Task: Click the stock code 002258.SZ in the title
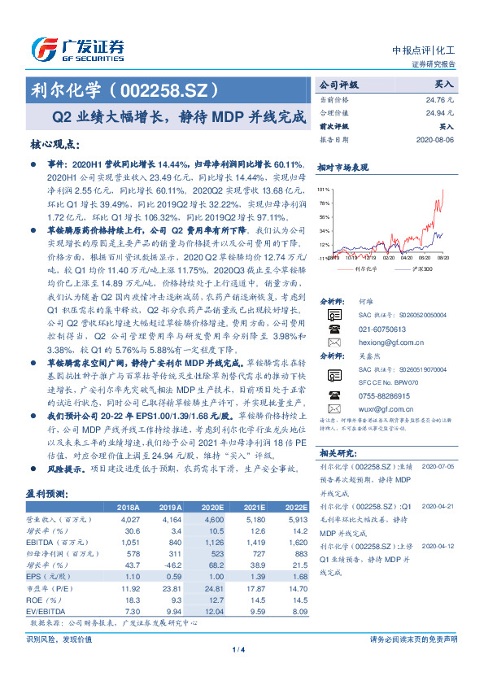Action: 167,87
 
